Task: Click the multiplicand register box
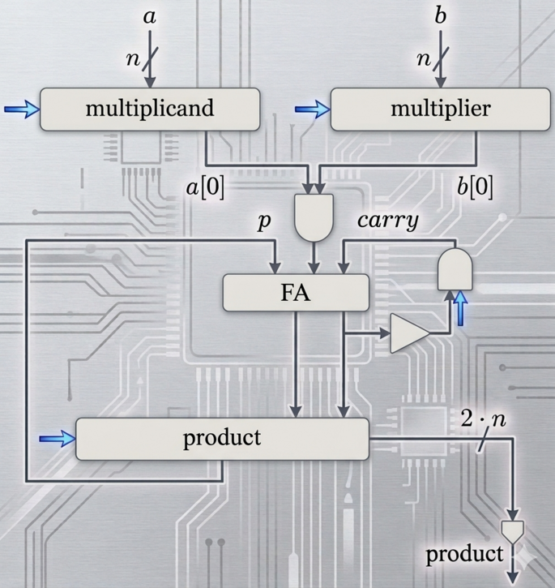coord(150,109)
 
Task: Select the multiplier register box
coord(440,109)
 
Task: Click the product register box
coord(222,439)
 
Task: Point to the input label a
coord(149,15)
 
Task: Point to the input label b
coord(440,15)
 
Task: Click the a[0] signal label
coord(207,187)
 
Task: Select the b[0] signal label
coord(474,187)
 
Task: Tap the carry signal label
coord(388,221)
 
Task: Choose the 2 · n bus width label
coord(483,419)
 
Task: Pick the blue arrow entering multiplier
coord(311,109)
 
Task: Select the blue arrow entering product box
coord(57,439)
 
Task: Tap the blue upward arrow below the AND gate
coord(460,308)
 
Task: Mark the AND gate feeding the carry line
coord(455,268)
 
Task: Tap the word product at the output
coord(464,555)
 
